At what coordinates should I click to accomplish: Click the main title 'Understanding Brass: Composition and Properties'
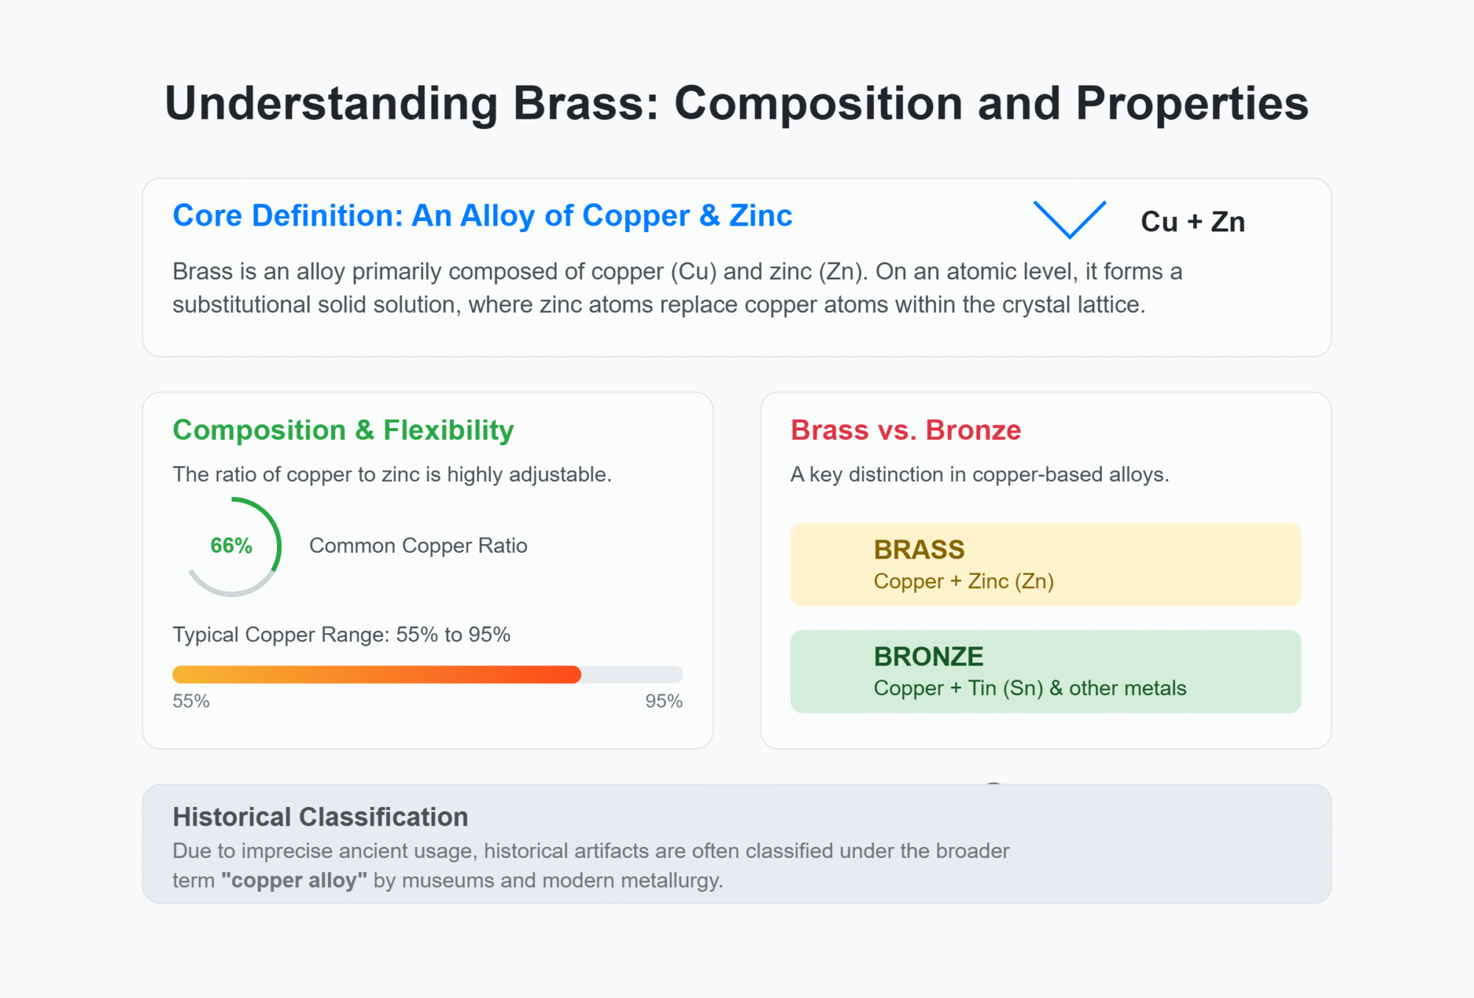click(x=736, y=103)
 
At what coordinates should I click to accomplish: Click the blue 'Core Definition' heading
click(x=482, y=216)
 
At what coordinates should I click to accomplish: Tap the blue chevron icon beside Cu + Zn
click(x=1069, y=220)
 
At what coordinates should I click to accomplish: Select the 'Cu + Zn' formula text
click(x=1192, y=222)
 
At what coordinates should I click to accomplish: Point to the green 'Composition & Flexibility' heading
click(x=343, y=430)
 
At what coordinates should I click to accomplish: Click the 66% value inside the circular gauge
click(x=231, y=546)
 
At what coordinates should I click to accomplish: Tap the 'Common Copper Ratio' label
click(x=418, y=546)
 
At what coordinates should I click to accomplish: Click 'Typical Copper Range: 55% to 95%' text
click(x=341, y=635)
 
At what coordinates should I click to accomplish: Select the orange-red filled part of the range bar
click(x=376, y=674)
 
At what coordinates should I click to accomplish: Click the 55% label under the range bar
click(x=191, y=701)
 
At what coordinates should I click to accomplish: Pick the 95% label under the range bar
click(x=663, y=701)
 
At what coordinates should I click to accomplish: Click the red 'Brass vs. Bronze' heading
click(x=905, y=430)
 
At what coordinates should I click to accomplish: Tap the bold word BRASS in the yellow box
click(x=919, y=550)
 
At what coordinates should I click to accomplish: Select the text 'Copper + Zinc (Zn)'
click(x=963, y=582)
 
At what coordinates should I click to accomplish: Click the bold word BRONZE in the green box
click(x=928, y=657)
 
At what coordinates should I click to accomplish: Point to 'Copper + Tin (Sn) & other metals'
click(x=1030, y=688)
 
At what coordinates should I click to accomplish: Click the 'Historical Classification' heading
click(x=320, y=817)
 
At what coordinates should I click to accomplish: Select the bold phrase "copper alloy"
click(x=294, y=881)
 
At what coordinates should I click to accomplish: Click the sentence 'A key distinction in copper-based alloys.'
click(x=979, y=475)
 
